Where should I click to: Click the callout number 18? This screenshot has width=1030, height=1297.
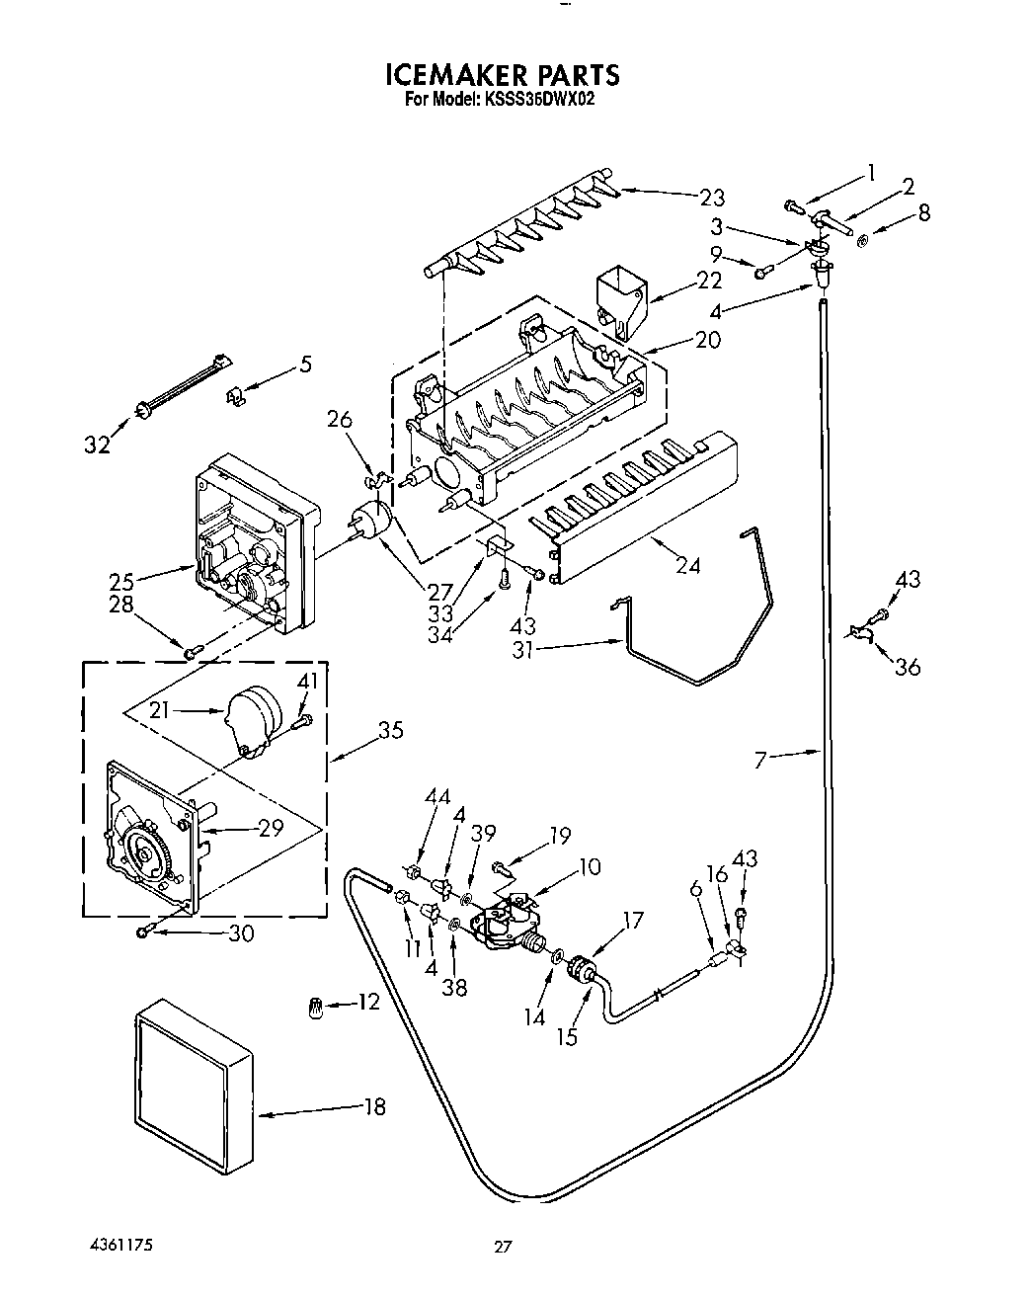tap(374, 1106)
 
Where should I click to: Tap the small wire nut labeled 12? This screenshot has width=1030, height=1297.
tap(316, 1009)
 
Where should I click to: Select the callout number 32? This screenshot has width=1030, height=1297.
tap(96, 446)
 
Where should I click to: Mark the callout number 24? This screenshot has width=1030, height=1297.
tap(688, 566)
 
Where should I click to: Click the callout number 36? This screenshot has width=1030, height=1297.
tap(907, 667)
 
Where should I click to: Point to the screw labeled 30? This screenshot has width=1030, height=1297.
tap(145, 932)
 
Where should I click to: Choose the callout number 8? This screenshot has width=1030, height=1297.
tap(924, 212)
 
